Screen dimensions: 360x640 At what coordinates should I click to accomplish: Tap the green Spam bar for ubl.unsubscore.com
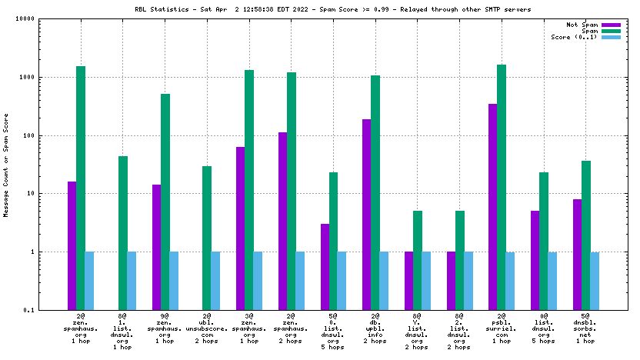tap(207, 238)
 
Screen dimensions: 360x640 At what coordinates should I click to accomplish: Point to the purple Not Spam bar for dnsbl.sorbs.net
tap(577, 254)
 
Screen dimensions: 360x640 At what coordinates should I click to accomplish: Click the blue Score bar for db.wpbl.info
tap(384, 280)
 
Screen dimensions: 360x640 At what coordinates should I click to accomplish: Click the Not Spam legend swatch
tap(611, 25)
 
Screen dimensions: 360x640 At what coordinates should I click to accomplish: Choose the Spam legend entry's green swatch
tap(611, 32)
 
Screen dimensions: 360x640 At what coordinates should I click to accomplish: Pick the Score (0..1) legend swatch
tap(611, 38)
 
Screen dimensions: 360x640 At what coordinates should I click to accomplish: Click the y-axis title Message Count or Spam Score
tap(7, 165)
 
